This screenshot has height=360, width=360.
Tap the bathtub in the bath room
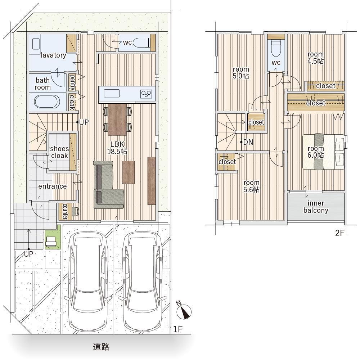[47, 102]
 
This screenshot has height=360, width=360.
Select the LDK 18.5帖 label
[117, 148]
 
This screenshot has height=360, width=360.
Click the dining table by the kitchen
[117, 120]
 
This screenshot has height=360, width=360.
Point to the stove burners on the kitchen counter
[146, 94]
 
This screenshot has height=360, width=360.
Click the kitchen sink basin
[112, 94]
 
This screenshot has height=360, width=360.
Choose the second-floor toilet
[276, 49]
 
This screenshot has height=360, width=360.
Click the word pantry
[72, 82]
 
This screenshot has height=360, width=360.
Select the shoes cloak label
[59, 152]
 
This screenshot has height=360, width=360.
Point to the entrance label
[53, 186]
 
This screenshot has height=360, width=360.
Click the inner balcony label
[316, 207]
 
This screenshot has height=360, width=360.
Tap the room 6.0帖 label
[316, 152]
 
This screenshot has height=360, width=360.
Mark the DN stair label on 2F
[248, 142]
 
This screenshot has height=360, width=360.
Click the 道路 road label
[101, 347]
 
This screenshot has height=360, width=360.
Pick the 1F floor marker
[177, 329]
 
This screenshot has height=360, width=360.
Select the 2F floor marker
[340, 233]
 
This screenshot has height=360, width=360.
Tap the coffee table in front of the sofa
[128, 172]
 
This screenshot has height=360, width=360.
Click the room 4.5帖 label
[316, 58]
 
